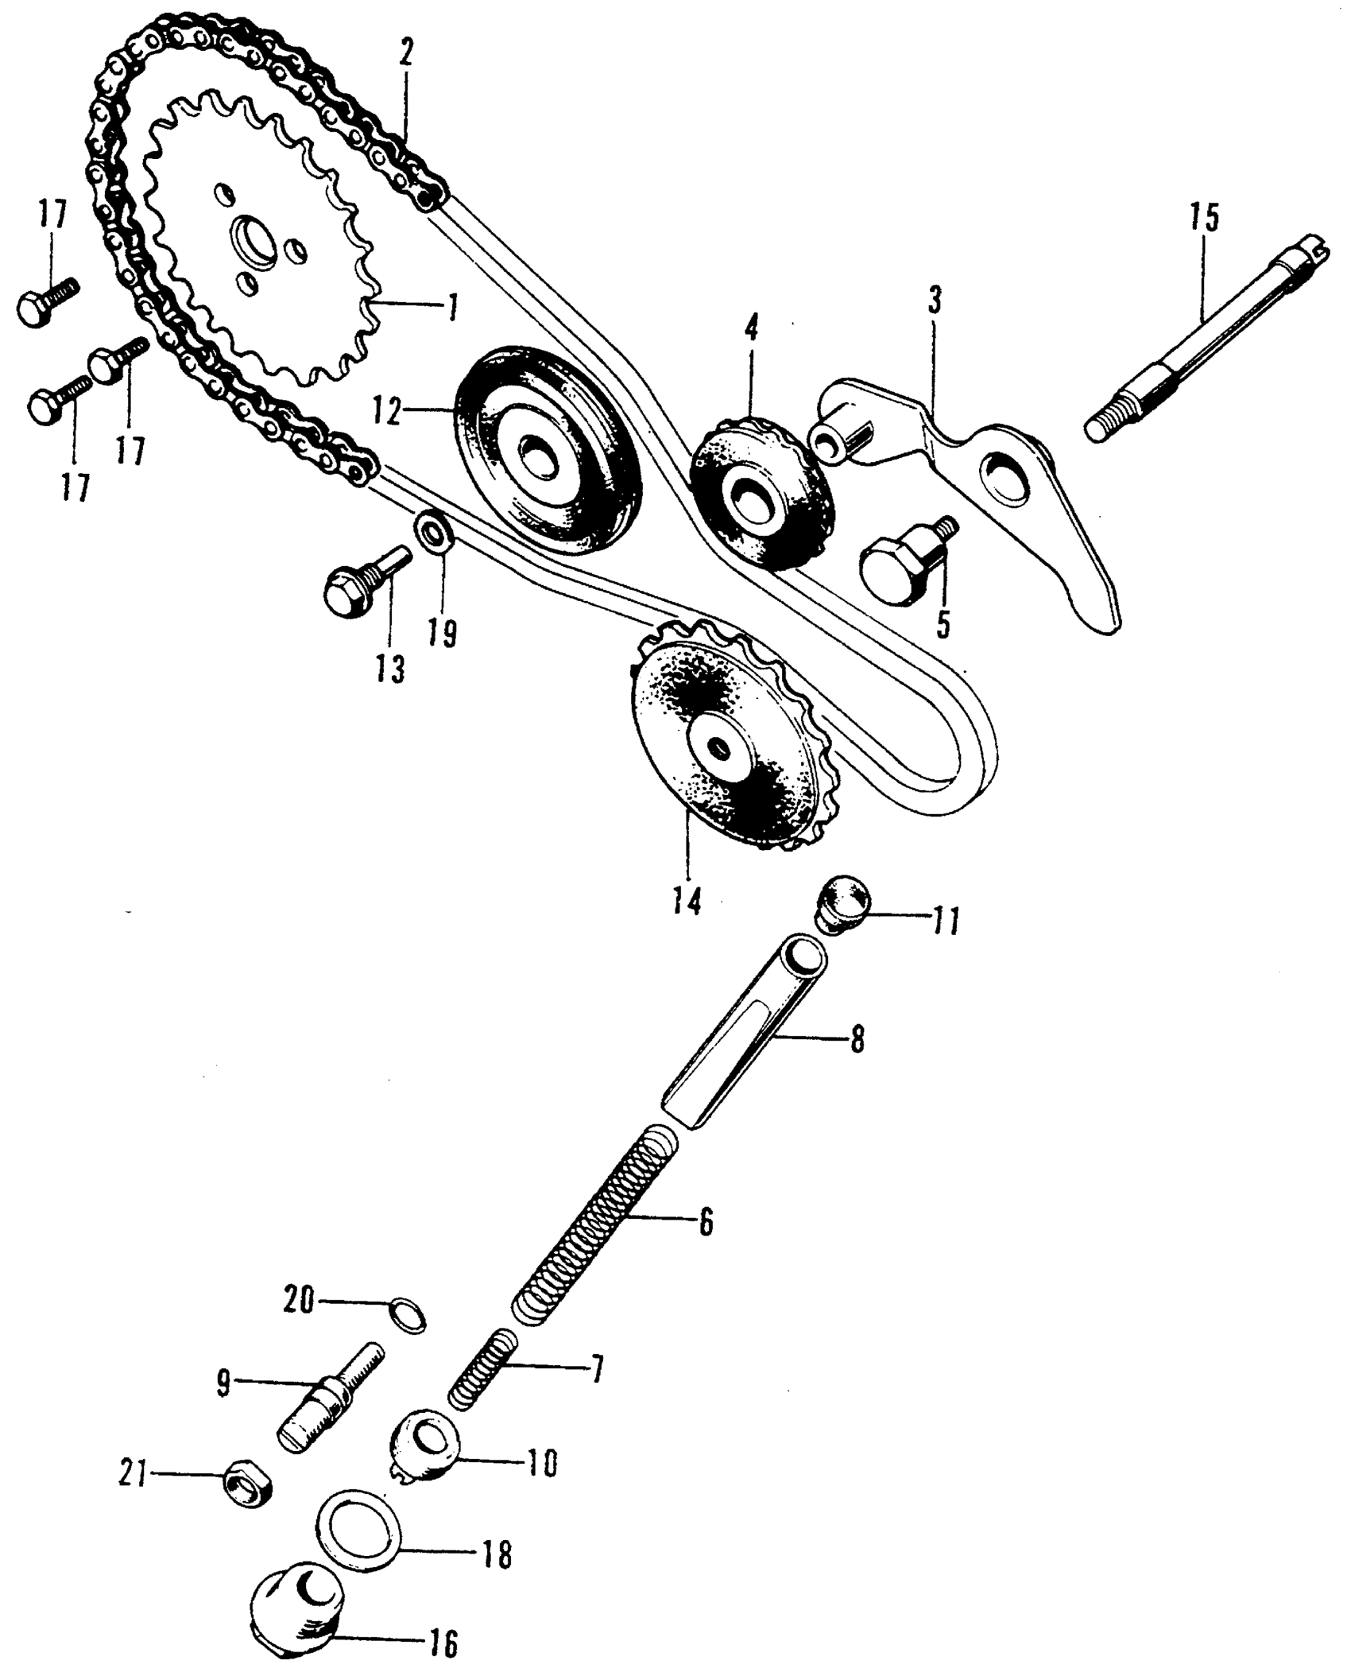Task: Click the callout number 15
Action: point(1204,218)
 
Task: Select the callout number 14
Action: point(687,901)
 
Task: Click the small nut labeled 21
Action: point(247,1484)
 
